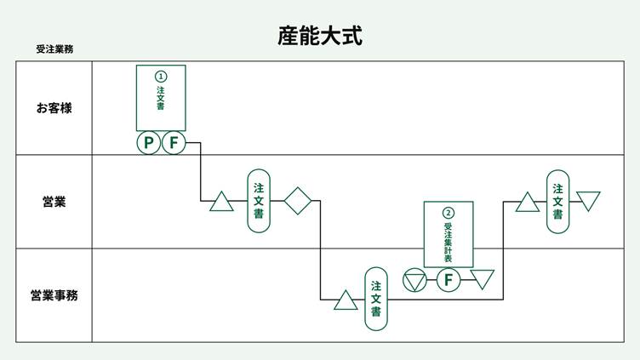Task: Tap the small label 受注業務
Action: coord(54,49)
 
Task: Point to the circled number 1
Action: coord(162,76)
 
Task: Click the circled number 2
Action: coord(449,213)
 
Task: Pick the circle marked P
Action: coord(149,142)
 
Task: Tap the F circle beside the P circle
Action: coord(174,142)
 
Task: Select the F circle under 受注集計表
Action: coord(449,279)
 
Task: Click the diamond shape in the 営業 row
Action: coord(298,201)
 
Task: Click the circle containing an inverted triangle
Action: coord(414,279)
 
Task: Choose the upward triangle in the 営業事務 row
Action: coord(346,300)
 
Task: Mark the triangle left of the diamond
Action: coord(221,203)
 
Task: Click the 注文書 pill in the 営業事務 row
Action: coord(376,299)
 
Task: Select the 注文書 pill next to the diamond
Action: coord(259,201)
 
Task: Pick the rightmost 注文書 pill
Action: coord(557,201)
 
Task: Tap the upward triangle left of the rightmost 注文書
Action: coord(527,203)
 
